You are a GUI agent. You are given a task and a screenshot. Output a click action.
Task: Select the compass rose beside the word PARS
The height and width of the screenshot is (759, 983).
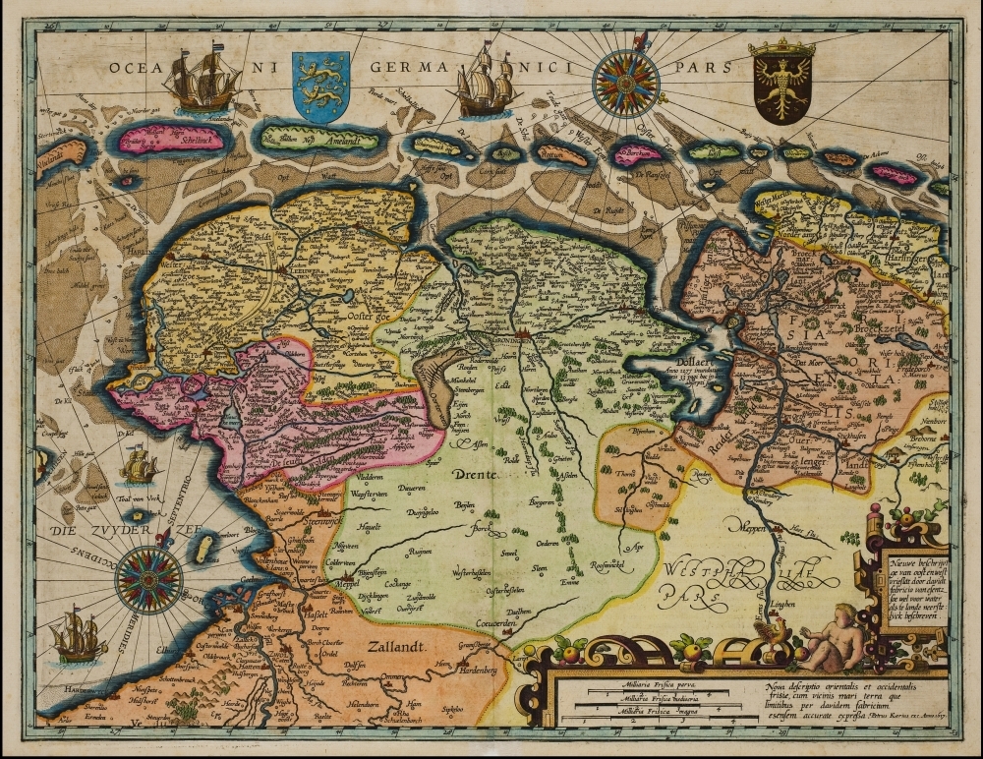pyautogui.click(x=627, y=83)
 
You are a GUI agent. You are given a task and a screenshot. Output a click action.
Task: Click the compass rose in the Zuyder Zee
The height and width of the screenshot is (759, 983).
pyautogui.click(x=148, y=578)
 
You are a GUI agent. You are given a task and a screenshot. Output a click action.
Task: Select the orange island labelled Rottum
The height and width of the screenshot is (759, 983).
pyautogui.click(x=560, y=153)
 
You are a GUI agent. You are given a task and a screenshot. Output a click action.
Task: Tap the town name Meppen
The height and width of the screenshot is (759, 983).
pyautogui.click(x=754, y=524)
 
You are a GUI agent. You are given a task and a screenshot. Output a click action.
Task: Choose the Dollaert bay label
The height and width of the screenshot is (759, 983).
pyautogui.click(x=670, y=361)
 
